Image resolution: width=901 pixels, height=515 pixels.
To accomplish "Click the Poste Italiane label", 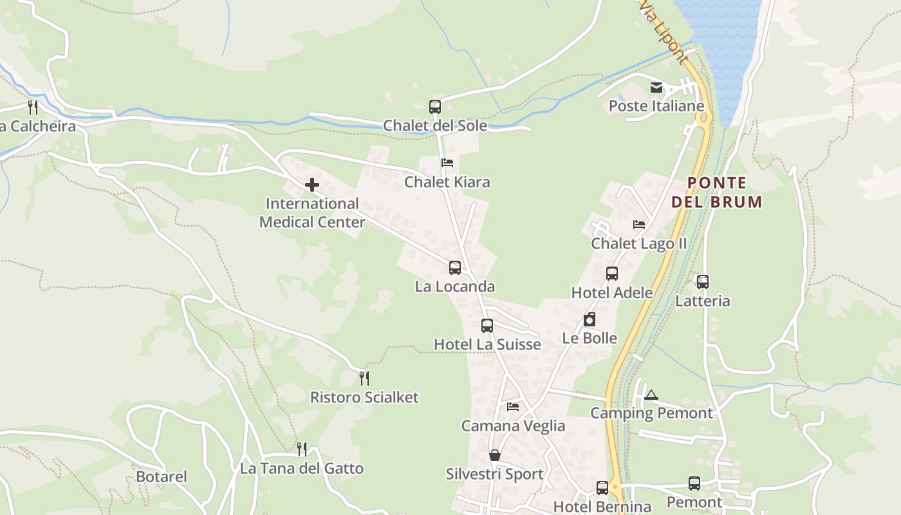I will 656,106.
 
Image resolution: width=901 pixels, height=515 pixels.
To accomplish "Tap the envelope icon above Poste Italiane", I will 656,88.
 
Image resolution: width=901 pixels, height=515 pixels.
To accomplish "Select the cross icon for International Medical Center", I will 312,185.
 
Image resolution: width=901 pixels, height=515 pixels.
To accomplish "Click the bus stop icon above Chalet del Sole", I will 435,106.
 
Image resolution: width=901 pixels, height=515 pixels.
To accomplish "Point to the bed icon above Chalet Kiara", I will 447,163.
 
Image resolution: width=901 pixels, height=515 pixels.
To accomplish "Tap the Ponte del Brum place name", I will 716,192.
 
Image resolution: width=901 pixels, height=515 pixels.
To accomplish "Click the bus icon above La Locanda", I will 455,267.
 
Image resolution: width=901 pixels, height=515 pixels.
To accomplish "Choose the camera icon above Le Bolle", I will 590,319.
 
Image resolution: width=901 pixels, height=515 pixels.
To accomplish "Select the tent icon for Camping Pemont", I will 651,395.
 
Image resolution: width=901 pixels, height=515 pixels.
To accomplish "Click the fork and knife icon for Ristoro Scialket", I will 364,378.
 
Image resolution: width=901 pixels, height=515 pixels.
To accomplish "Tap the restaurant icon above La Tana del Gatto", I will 301,449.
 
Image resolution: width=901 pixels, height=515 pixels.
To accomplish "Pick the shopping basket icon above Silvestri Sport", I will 495,455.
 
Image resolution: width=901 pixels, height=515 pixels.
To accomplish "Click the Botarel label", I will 162,477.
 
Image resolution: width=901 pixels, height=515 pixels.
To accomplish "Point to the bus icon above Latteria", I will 703,281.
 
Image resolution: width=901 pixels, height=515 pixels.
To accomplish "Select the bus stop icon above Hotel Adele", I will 612,274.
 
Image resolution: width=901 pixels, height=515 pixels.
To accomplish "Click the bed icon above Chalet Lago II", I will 639,225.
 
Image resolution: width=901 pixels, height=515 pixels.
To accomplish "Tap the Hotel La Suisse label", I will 487,344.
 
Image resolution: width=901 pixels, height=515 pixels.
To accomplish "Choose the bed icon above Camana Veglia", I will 513,406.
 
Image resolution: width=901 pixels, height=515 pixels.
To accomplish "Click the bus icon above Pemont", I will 694,483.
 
